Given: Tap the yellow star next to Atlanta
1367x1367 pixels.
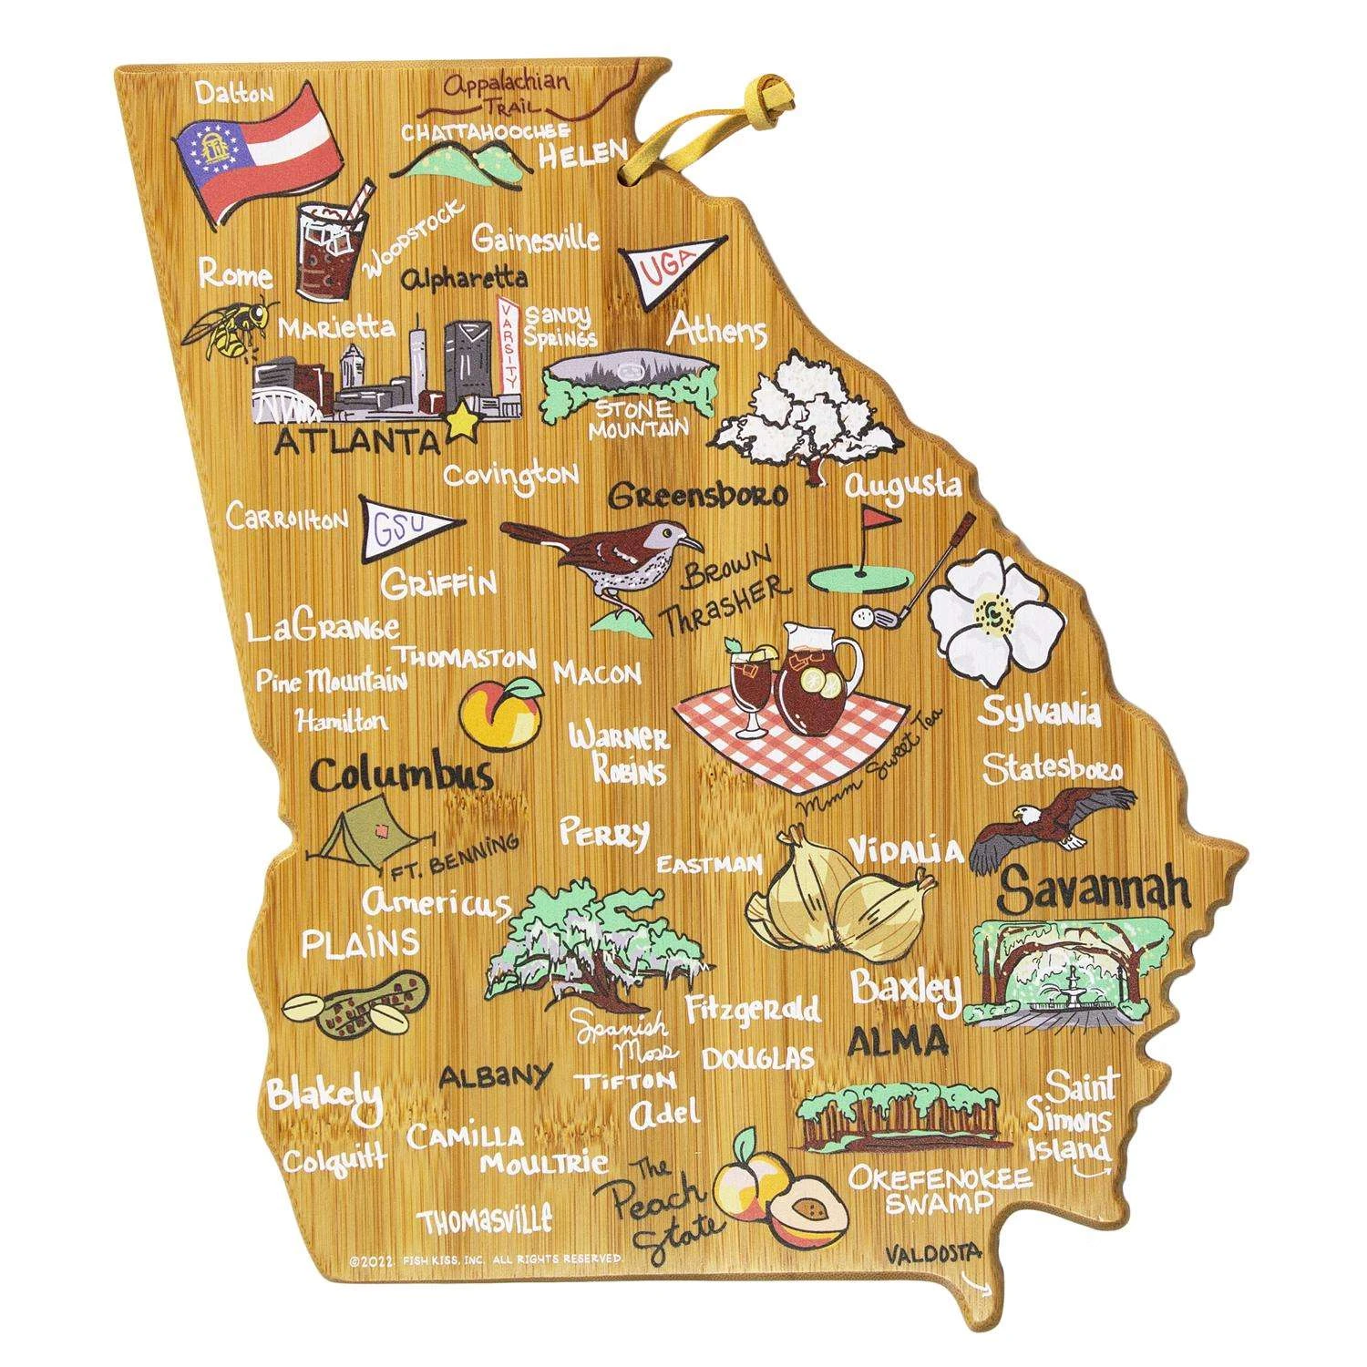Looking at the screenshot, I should [463, 420].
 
